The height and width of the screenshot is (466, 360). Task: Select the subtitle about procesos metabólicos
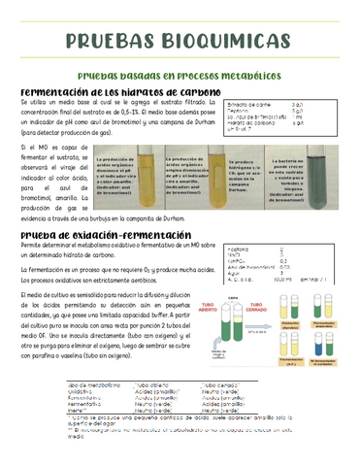[179, 75]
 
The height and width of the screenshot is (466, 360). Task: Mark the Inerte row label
[49, 411]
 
